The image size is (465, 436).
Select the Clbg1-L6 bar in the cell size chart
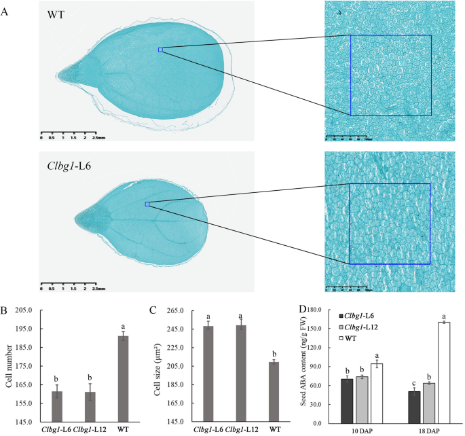[208, 374]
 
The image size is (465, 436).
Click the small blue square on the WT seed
[161, 50]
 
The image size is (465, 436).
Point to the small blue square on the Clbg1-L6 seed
[147, 204]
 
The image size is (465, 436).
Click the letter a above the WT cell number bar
[124, 327]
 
